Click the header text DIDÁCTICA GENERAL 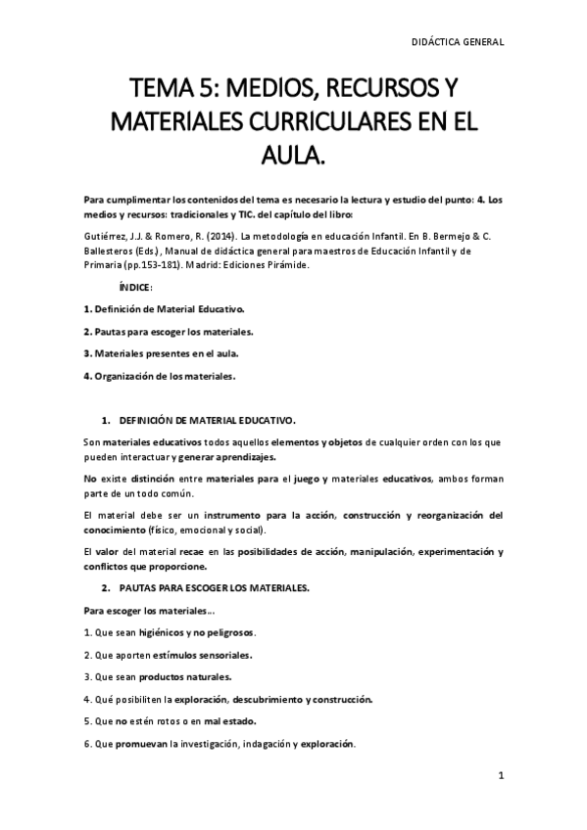[x=458, y=42]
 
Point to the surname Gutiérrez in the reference [x=107, y=236]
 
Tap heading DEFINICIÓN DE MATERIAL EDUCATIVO [x=207, y=420]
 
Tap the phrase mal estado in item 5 [x=224, y=721]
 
